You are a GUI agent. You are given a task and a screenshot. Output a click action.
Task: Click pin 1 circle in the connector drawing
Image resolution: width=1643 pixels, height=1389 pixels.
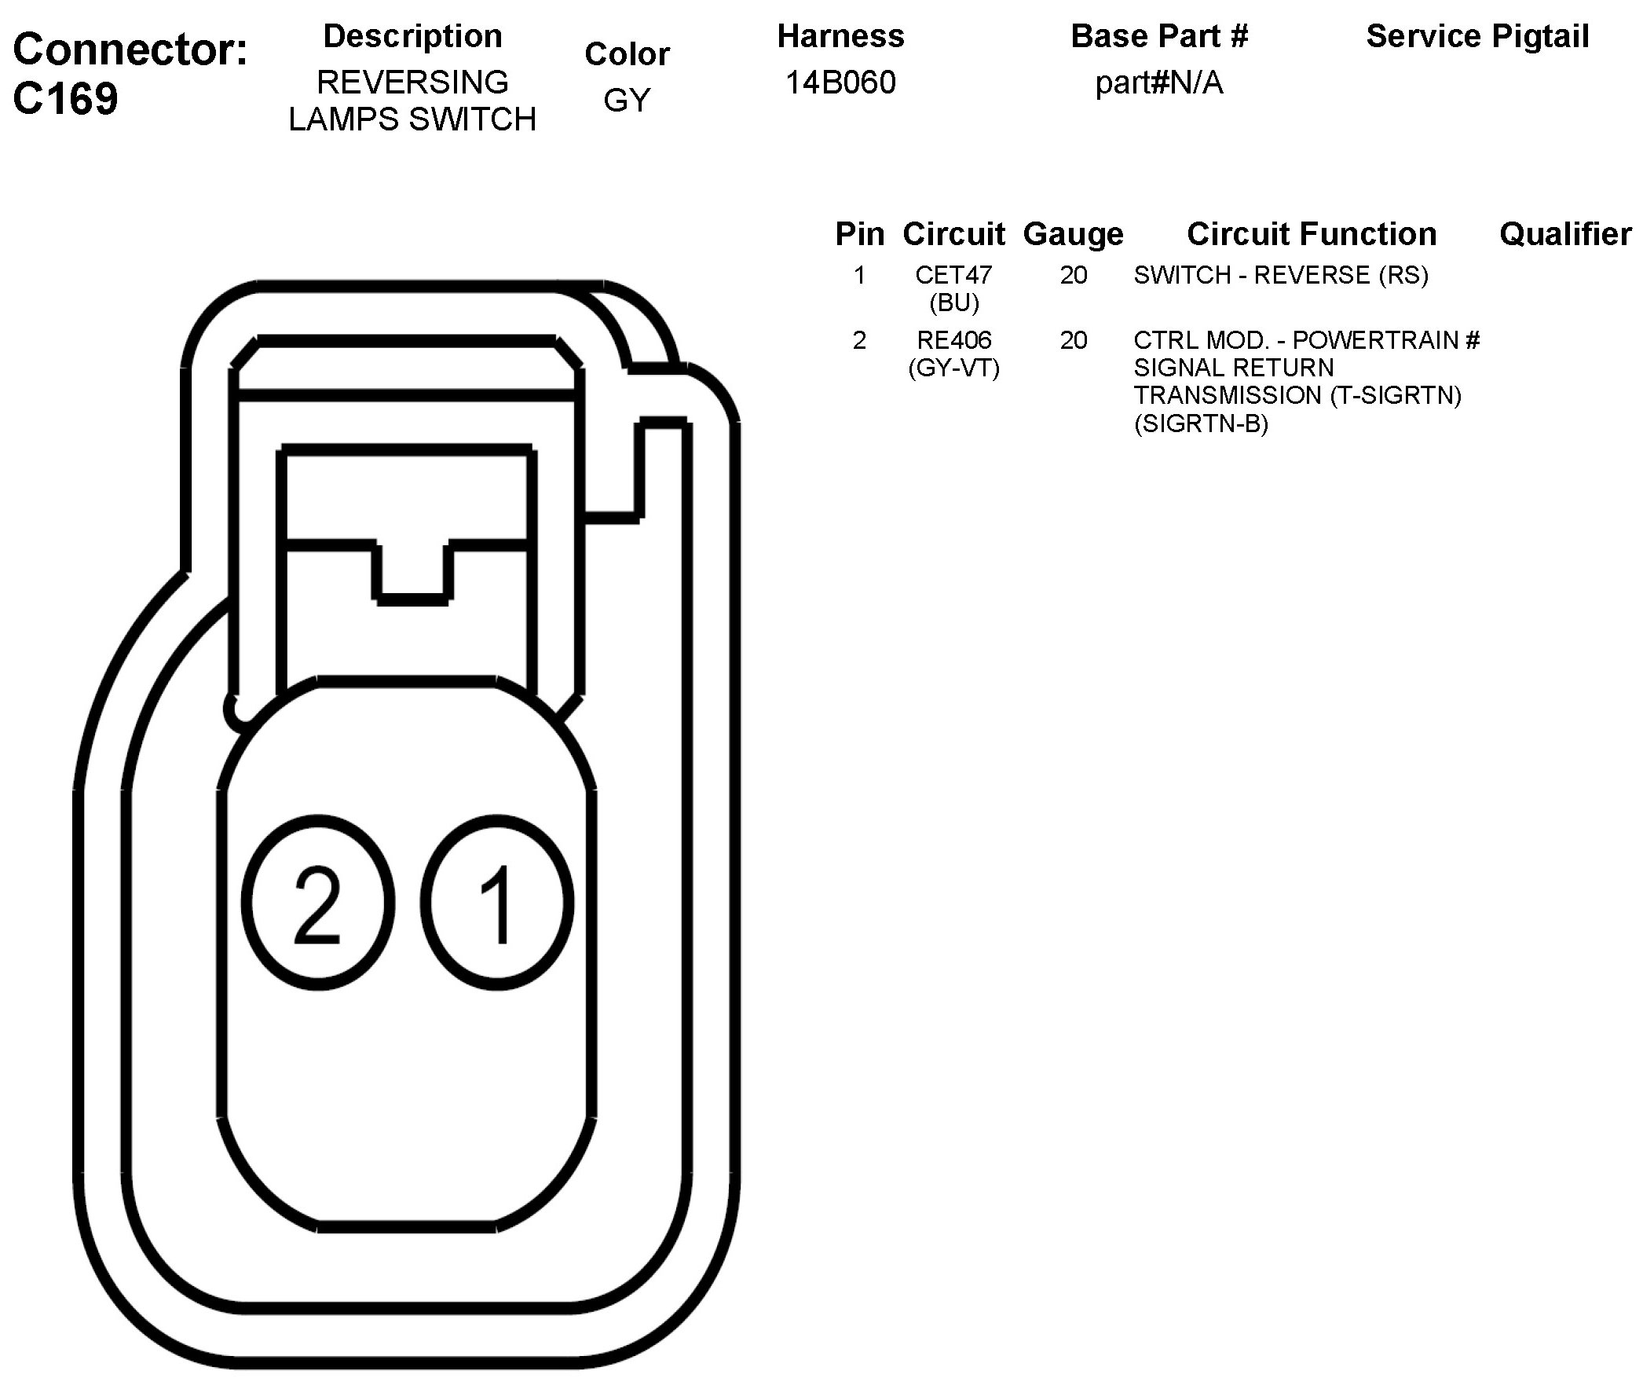coord(498,903)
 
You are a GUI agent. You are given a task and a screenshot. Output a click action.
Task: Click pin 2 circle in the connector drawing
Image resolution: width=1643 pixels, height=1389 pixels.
coord(318,903)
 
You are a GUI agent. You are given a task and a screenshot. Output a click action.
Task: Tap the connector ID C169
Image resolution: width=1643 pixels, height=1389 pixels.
coord(65,99)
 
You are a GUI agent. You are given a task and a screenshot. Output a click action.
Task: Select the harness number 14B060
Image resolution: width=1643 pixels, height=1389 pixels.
coord(840,82)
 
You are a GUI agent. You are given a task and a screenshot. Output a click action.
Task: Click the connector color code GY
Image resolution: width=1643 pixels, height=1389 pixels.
coord(627,100)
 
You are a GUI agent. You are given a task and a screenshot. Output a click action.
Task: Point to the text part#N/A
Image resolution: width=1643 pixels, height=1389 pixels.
coord(1159,82)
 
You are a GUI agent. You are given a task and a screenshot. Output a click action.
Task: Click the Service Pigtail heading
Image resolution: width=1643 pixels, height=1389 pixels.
coord(1477,36)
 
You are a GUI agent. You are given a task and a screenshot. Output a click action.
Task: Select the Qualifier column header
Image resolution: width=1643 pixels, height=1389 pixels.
coord(1565,234)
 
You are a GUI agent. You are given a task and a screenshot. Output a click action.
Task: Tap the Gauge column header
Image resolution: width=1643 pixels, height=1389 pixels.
coord(1073,234)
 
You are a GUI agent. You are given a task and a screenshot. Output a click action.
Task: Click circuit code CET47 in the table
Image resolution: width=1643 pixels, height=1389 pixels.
coord(953,275)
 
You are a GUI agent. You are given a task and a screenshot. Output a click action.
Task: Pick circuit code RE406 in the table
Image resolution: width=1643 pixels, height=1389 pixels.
coord(953,340)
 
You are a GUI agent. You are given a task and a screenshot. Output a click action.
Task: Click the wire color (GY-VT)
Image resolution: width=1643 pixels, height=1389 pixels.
coord(953,368)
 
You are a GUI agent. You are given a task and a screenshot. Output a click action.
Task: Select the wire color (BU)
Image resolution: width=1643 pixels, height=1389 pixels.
coord(953,302)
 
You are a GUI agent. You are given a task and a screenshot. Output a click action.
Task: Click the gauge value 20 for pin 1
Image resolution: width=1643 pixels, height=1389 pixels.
coord(1073,275)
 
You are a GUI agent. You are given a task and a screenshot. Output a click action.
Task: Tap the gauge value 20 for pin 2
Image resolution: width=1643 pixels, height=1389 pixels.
coord(1073,340)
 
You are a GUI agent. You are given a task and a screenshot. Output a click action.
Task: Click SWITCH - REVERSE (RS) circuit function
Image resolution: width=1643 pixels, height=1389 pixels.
coord(1281,275)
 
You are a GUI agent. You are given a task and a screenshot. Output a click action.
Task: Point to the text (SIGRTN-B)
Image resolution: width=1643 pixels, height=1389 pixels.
coord(1201,423)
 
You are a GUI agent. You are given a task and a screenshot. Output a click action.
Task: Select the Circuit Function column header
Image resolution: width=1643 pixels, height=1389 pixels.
coord(1312,234)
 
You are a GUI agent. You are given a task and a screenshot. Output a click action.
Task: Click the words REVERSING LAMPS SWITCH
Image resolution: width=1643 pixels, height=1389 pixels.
coord(412,101)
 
